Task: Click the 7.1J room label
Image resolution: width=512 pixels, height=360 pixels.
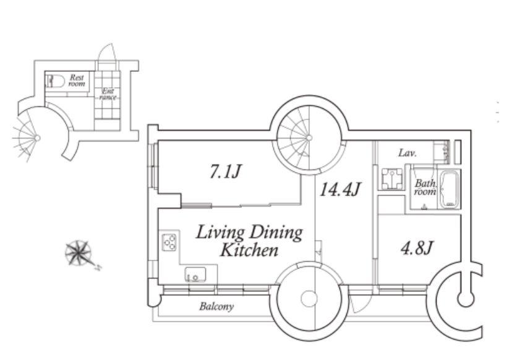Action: (x=225, y=171)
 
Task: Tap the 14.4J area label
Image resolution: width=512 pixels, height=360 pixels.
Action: (x=340, y=189)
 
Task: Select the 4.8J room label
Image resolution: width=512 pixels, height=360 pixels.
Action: (x=417, y=247)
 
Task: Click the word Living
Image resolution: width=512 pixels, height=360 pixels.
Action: (x=220, y=233)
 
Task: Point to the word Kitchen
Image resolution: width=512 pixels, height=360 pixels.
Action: (x=249, y=251)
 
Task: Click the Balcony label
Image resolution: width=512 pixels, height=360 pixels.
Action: (x=216, y=306)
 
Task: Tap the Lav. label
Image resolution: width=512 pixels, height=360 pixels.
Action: (x=407, y=153)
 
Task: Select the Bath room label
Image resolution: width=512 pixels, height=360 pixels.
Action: (x=425, y=187)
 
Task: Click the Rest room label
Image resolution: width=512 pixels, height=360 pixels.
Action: (x=77, y=80)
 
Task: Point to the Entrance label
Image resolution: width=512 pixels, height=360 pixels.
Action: (x=108, y=94)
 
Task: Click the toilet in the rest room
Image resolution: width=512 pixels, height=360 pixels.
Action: (x=55, y=81)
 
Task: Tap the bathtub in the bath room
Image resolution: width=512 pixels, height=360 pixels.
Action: (x=449, y=189)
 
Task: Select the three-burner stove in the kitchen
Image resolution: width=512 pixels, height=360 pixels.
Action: (x=169, y=242)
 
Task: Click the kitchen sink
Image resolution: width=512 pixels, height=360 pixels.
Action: (x=195, y=275)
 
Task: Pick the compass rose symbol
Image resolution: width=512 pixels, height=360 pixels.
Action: (x=79, y=253)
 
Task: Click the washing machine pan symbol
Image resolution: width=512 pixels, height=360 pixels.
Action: (x=391, y=178)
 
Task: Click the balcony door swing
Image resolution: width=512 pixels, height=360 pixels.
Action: (x=360, y=303)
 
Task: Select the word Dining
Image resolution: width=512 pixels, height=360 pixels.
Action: (x=276, y=233)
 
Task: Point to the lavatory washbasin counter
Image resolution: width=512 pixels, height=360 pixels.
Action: (x=442, y=152)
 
